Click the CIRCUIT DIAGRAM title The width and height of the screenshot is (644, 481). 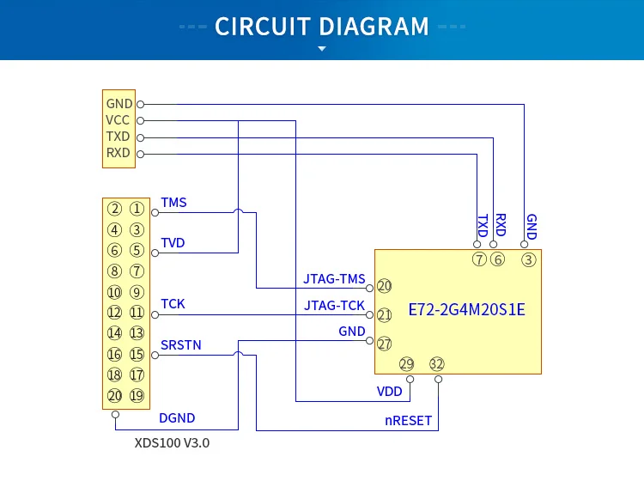(x=322, y=27)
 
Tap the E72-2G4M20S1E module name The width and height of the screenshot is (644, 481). (x=466, y=310)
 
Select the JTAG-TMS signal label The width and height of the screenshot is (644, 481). (x=334, y=279)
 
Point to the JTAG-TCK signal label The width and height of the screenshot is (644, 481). (x=334, y=306)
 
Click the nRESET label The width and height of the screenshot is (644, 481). (x=408, y=421)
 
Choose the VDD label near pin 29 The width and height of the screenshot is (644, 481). (x=389, y=392)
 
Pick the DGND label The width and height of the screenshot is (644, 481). (x=177, y=418)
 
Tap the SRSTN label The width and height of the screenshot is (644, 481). (x=181, y=345)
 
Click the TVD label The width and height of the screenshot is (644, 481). (x=173, y=243)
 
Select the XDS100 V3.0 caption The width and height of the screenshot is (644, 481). (x=172, y=443)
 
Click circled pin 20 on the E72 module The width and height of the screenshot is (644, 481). (x=384, y=286)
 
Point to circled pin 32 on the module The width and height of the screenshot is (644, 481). (x=436, y=364)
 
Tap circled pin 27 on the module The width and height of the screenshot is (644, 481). (x=384, y=344)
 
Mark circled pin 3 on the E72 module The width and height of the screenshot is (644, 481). (x=529, y=259)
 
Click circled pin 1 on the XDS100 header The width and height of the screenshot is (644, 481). (x=137, y=209)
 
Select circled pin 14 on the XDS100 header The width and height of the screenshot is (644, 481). (x=114, y=332)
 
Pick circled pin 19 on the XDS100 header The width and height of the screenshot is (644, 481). (x=137, y=396)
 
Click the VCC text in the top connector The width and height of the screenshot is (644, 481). (x=118, y=120)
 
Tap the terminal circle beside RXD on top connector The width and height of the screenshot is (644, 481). (x=141, y=155)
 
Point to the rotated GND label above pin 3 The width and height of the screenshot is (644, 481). (x=532, y=227)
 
